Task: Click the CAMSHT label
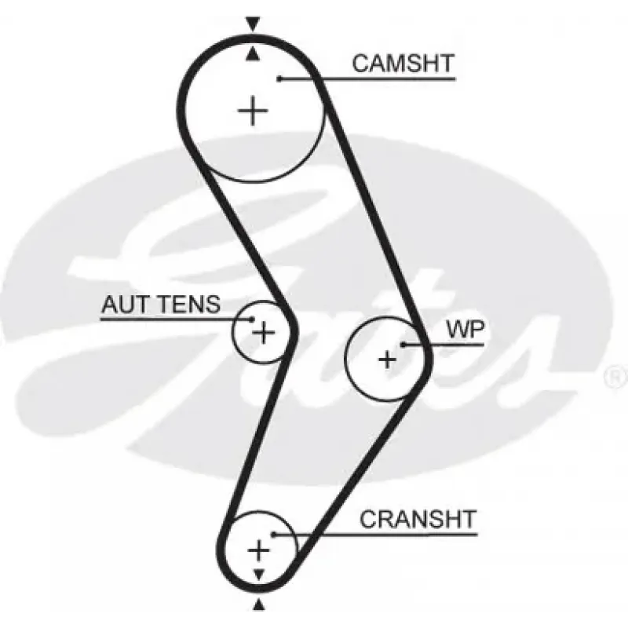[403, 64]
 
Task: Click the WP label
[466, 330]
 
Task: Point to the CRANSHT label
[418, 519]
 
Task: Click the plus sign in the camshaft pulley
[253, 111]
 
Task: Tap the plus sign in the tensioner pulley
[263, 332]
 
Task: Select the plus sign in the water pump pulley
[387, 360]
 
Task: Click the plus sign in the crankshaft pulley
[259, 550]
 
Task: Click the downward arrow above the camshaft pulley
[253, 24]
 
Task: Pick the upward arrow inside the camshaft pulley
[252, 54]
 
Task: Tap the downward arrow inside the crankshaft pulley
[259, 575]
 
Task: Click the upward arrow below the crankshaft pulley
[259, 604]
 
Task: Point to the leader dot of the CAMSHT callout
[279, 79]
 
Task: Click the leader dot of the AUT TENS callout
[251, 319]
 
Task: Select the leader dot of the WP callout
[403, 345]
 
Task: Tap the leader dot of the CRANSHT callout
[273, 535]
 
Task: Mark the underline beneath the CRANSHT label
[376, 535]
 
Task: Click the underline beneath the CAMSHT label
[367, 79]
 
